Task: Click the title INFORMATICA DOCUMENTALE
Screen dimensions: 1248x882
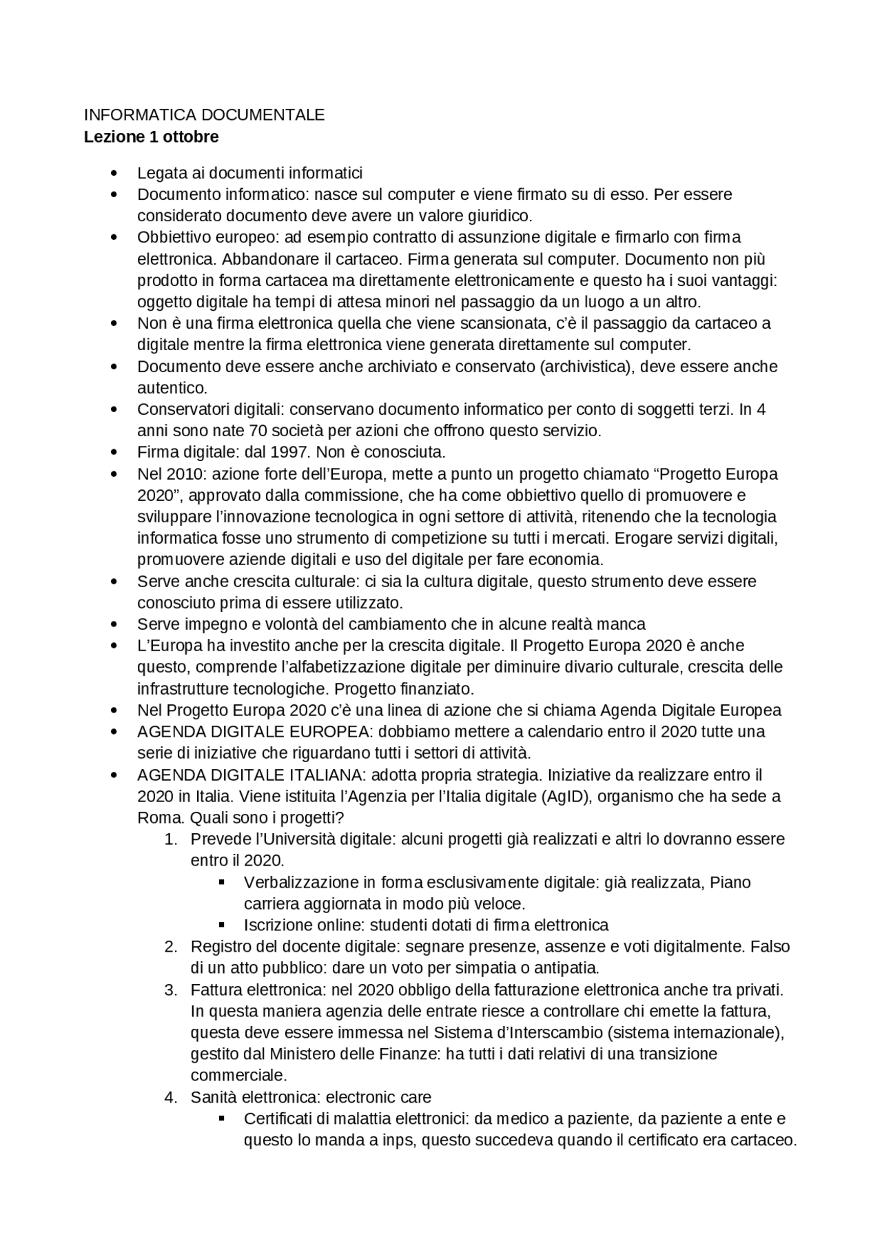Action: click(204, 115)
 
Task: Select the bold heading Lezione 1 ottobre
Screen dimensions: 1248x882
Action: click(151, 136)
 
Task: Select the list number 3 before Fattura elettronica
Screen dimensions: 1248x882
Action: click(171, 990)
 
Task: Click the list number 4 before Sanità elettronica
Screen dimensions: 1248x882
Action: click(171, 1096)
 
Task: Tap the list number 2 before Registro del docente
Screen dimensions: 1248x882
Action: click(171, 946)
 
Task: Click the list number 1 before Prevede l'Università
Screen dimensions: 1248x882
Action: click(171, 839)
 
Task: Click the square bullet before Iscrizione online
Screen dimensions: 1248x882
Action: click(222, 925)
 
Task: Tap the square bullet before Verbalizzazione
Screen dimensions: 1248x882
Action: click(222, 882)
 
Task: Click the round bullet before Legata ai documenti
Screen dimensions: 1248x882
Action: click(114, 173)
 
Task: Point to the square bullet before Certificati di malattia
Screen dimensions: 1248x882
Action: click(222, 1118)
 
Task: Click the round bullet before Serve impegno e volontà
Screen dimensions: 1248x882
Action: click(114, 624)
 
